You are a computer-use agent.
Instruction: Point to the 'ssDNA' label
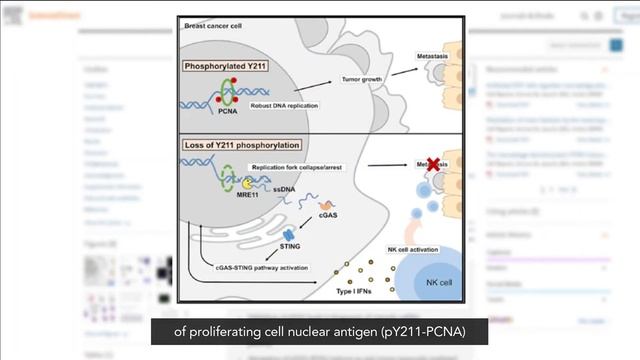pos(283,190)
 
